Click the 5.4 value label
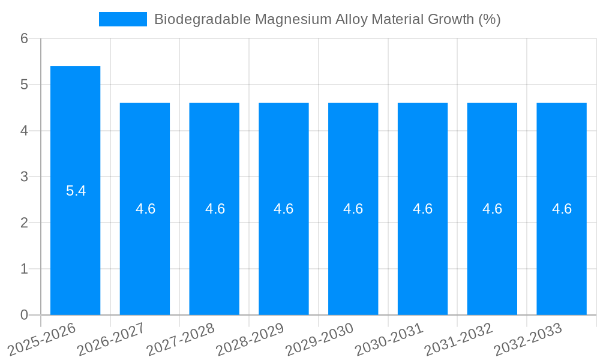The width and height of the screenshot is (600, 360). click(76, 191)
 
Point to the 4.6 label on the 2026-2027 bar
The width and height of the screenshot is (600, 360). click(145, 209)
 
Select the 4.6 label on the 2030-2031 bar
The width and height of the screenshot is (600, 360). click(423, 209)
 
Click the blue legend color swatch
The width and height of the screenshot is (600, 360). click(122, 19)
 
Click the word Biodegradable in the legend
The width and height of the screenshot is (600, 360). click(202, 19)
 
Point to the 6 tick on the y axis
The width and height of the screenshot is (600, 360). click(24, 38)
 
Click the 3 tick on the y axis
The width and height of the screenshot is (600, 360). click(24, 177)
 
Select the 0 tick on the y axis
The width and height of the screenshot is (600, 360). click(24, 315)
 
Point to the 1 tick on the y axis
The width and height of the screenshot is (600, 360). click(24, 269)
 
